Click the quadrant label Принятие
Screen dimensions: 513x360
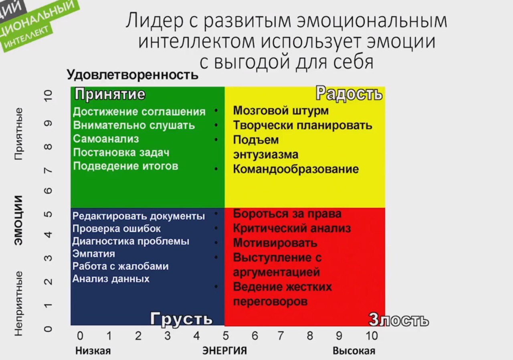click(x=110, y=94)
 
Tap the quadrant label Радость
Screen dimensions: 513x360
click(x=349, y=93)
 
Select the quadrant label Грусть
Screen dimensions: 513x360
click(x=182, y=319)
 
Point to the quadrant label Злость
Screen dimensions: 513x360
click(x=398, y=320)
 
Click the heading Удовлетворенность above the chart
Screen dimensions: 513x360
click(x=133, y=75)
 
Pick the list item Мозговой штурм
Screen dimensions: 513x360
click(x=281, y=111)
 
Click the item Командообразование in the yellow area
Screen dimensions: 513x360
click(x=296, y=169)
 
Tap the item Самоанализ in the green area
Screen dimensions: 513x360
click(x=106, y=139)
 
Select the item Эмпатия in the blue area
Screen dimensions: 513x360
click(x=94, y=254)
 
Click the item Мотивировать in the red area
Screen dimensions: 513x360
click(x=275, y=243)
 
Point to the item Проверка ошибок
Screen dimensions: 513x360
click(x=117, y=229)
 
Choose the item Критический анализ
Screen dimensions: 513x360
click(x=292, y=228)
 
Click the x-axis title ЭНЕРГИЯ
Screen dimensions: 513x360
click(x=224, y=351)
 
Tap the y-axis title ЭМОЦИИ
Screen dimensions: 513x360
click(x=18, y=220)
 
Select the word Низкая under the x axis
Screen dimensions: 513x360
click(x=93, y=351)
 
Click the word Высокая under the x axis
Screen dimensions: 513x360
click(x=354, y=351)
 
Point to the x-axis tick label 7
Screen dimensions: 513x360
click(x=281, y=336)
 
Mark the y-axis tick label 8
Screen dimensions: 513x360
click(x=48, y=147)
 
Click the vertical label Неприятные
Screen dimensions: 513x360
click(x=18, y=303)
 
